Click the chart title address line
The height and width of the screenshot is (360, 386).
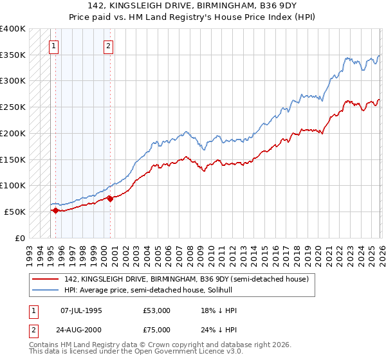pos(193,6)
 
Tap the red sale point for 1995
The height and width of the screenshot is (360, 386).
pos(55,210)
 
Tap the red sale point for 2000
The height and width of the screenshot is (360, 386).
pos(110,199)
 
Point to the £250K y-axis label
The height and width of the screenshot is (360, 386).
pos(13,107)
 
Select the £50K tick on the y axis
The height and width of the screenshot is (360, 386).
pos(15,212)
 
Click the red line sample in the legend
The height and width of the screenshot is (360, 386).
pos(45,279)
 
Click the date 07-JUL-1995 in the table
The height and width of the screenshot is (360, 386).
pos(81,310)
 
